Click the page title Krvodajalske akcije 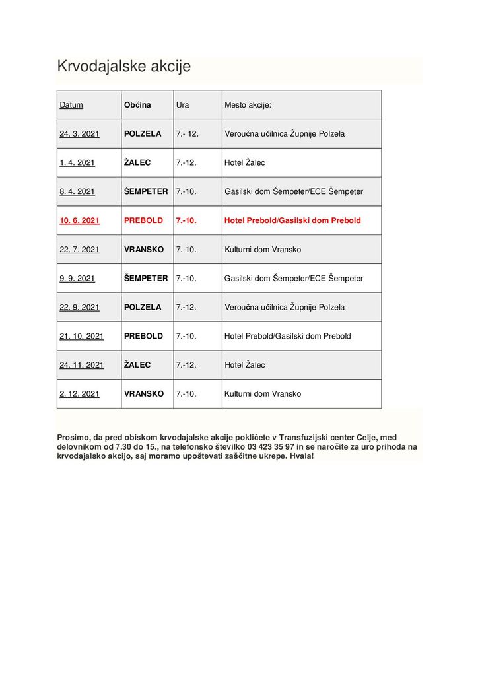tap(123, 67)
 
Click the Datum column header tap(71, 105)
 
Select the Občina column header tap(137, 105)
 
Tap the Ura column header tap(182, 105)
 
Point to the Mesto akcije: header tap(248, 105)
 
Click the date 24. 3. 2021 tap(79, 134)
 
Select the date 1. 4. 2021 tap(77, 163)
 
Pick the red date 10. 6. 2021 tap(79, 220)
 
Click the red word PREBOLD tap(143, 220)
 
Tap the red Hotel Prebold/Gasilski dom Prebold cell tap(292, 220)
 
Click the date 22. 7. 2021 tap(79, 250)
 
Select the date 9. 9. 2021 tap(77, 279)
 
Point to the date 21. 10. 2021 tap(82, 336)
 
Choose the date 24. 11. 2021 tap(82, 365)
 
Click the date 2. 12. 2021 tap(79, 394)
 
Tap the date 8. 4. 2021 tap(77, 192)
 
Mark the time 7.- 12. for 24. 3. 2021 tap(188, 134)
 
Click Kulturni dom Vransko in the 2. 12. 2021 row tap(263, 394)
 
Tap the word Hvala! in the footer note tap(302, 456)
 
